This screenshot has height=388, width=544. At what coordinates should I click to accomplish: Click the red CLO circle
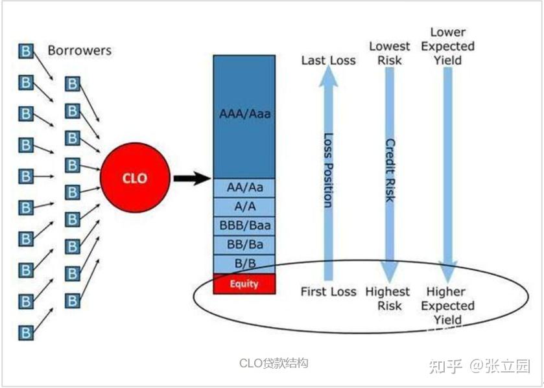coord(135,177)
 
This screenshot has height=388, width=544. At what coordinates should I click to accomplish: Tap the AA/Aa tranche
coord(244,187)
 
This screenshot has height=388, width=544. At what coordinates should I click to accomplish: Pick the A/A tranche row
coord(244,206)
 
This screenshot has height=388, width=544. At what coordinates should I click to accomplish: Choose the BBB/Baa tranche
coord(244,225)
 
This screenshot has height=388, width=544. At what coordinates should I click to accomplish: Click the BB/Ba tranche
coord(244,245)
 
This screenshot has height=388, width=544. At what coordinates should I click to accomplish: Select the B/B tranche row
coord(244,264)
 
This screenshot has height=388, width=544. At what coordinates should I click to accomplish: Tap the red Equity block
coord(244,284)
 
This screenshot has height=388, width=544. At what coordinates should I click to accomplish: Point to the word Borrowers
coord(79,50)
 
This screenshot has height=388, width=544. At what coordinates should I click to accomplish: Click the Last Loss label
coord(328,60)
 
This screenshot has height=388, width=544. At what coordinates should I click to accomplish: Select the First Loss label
coord(328,291)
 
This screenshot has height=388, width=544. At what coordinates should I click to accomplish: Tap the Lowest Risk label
coord(390,53)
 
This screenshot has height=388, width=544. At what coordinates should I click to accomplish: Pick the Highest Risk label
coord(388,299)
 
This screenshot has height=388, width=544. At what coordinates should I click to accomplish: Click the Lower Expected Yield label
coord(447,46)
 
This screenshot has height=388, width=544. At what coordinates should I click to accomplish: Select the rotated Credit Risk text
coord(390,170)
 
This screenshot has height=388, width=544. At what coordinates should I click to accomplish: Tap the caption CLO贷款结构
coord(274,363)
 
